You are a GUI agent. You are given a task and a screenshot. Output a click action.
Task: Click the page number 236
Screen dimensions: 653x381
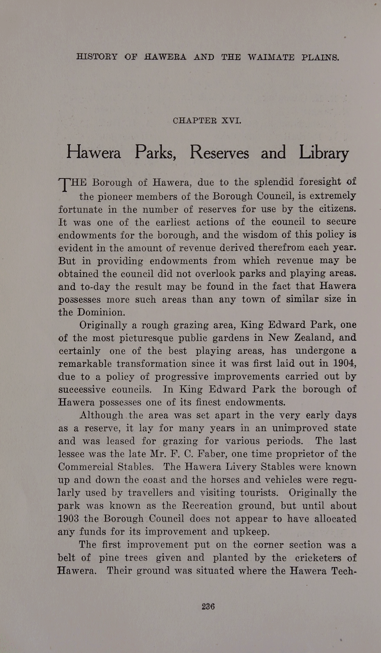pos(208,607)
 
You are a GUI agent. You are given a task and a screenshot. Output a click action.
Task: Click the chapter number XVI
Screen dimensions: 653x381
pos(231,120)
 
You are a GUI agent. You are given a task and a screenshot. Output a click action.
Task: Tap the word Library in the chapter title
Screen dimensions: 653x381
pos(324,153)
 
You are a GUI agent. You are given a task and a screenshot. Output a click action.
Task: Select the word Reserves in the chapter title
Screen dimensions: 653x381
pos(219,153)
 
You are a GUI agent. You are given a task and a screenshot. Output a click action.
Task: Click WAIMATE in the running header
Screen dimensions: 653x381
pos(271,57)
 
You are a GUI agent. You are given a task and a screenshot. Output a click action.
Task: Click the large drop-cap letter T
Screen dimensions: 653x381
pos(65,185)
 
